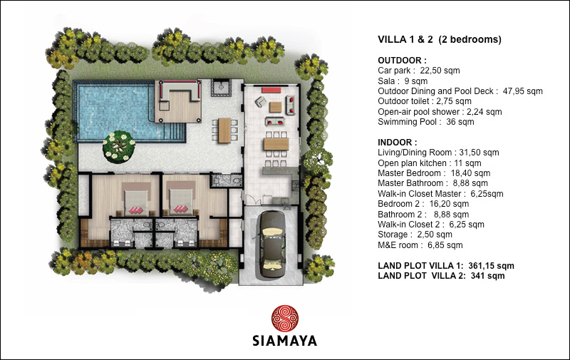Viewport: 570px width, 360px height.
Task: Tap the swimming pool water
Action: point(113,111)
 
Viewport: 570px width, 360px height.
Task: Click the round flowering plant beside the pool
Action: point(119,146)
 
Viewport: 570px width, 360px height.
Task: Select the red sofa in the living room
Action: point(271,90)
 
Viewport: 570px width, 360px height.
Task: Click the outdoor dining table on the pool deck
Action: point(224,130)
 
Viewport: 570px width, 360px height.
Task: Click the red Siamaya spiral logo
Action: point(285,318)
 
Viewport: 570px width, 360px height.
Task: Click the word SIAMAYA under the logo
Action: point(284,341)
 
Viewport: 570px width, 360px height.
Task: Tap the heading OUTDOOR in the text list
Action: point(402,61)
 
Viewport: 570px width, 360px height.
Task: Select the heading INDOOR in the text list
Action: point(398,142)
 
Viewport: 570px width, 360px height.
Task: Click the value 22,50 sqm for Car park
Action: point(440,71)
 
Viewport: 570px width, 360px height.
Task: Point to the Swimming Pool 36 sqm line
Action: point(425,122)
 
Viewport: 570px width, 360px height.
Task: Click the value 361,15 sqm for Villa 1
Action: point(491,266)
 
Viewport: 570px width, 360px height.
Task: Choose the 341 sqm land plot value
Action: point(487,276)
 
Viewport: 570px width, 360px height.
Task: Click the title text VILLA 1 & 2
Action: point(405,39)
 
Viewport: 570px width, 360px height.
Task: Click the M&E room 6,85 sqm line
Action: point(420,245)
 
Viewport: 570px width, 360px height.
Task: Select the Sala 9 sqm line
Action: point(403,81)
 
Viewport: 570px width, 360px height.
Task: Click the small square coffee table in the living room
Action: point(275,107)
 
